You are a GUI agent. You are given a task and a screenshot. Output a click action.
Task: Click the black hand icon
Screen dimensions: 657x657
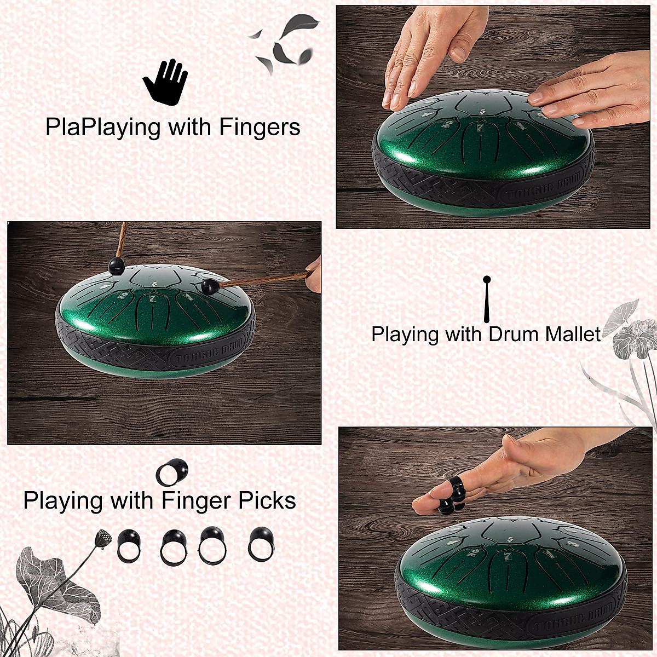tap(165, 82)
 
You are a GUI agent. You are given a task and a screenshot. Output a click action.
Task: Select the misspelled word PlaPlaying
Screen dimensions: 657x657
tap(103, 127)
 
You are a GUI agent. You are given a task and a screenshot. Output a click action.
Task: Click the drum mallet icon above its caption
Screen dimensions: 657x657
tap(486, 299)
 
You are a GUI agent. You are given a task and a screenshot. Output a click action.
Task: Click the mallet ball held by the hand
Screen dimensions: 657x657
tap(209, 286)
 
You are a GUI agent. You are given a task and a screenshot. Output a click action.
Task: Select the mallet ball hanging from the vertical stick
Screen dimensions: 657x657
tap(117, 266)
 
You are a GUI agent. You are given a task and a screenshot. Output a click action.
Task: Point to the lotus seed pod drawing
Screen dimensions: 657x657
tap(102, 539)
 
